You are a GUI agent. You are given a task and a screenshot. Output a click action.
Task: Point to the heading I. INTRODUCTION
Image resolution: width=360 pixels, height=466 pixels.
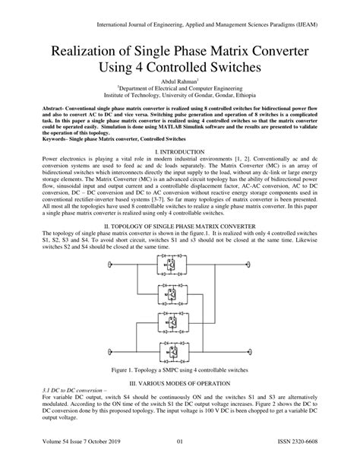click(179, 153)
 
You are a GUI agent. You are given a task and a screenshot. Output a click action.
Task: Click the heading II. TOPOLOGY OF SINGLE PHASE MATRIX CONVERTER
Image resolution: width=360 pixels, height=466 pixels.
click(179, 227)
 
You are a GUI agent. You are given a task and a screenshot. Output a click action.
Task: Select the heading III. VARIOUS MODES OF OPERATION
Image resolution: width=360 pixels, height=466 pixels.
click(179, 387)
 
